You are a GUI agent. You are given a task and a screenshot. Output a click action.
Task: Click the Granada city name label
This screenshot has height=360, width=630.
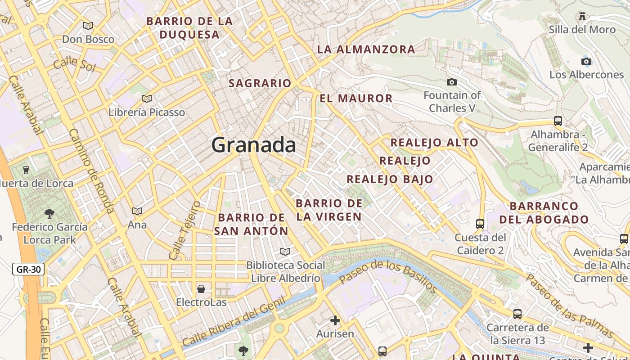[253, 145]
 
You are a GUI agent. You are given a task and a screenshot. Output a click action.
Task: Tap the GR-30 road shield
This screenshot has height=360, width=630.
[28, 270]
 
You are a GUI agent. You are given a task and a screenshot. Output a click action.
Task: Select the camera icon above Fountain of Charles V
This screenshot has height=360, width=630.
[451, 82]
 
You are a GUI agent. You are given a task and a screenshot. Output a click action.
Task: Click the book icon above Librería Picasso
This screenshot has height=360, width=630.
[146, 99]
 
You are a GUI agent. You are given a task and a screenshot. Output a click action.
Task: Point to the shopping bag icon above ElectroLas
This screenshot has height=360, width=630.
[201, 288]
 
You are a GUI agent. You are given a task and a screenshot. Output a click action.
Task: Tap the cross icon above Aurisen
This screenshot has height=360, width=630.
[335, 320]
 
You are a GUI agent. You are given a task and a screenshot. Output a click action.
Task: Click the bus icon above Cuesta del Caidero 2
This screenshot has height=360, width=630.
[480, 224]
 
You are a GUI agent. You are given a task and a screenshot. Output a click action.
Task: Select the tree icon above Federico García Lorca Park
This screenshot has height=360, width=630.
[49, 213]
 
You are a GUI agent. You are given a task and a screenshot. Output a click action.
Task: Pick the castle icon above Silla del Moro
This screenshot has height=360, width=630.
[582, 16]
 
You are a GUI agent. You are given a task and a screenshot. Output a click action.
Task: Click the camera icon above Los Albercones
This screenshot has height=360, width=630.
[586, 61]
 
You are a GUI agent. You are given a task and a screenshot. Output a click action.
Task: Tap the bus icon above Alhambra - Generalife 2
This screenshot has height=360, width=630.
[558, 121]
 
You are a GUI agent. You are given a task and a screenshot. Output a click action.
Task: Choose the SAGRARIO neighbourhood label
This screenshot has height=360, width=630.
[260, 83]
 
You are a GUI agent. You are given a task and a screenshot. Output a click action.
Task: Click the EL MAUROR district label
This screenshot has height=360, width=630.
[356, 98]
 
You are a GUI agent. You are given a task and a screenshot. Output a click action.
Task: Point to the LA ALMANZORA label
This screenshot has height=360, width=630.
[366, 49]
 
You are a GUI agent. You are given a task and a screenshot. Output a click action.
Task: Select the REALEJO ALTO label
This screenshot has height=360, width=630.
[434, 143]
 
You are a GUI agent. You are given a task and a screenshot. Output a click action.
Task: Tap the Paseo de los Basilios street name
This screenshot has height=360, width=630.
[387, 276]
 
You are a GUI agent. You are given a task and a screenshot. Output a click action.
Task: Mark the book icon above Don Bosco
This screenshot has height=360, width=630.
[88, 26]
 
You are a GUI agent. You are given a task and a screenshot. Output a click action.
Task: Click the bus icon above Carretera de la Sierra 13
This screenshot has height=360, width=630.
[517, 314]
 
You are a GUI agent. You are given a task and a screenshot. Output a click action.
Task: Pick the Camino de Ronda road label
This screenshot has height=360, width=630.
[91, 171]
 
